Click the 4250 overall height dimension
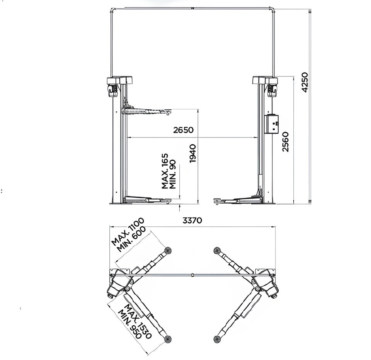pos(305,82)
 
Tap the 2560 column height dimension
pos(286,142)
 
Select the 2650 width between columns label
pos(183,130)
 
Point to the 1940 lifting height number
pos(193,153)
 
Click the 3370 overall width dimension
pos(192,221)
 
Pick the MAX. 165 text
pos(165,171)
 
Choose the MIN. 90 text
pos(173,174)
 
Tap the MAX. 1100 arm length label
pos(128,231)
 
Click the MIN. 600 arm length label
pos(131,239)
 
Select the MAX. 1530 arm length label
pos(138,321)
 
